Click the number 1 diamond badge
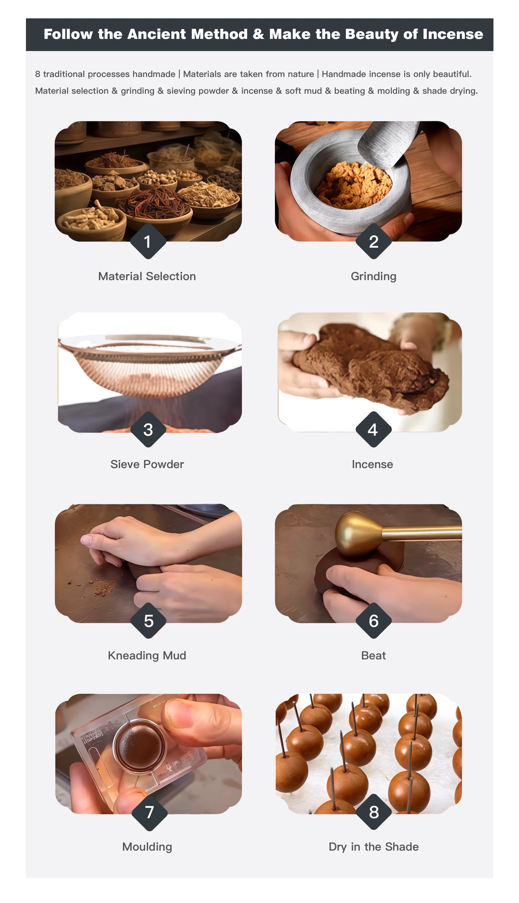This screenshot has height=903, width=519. pyautogui.click(x=148, y=241)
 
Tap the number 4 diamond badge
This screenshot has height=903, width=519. pyautogui.click(x=373, y=429)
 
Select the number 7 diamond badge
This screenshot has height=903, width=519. pyautogui.click(x=149, y=813)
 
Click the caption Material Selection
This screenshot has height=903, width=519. pyautogui.click(x=147, y=276)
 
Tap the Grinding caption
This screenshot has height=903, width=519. pyautogui.click(x=373, y=276)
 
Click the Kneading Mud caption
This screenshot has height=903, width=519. pyautogui.click(x=147, y=655)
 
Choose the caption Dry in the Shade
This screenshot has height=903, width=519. pyautogui.click(x=374, y=847)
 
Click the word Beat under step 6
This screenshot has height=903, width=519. pyautogui.click(x=373, y=655)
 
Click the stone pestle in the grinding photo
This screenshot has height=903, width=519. pyautogui.click(x=388, y=142)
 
